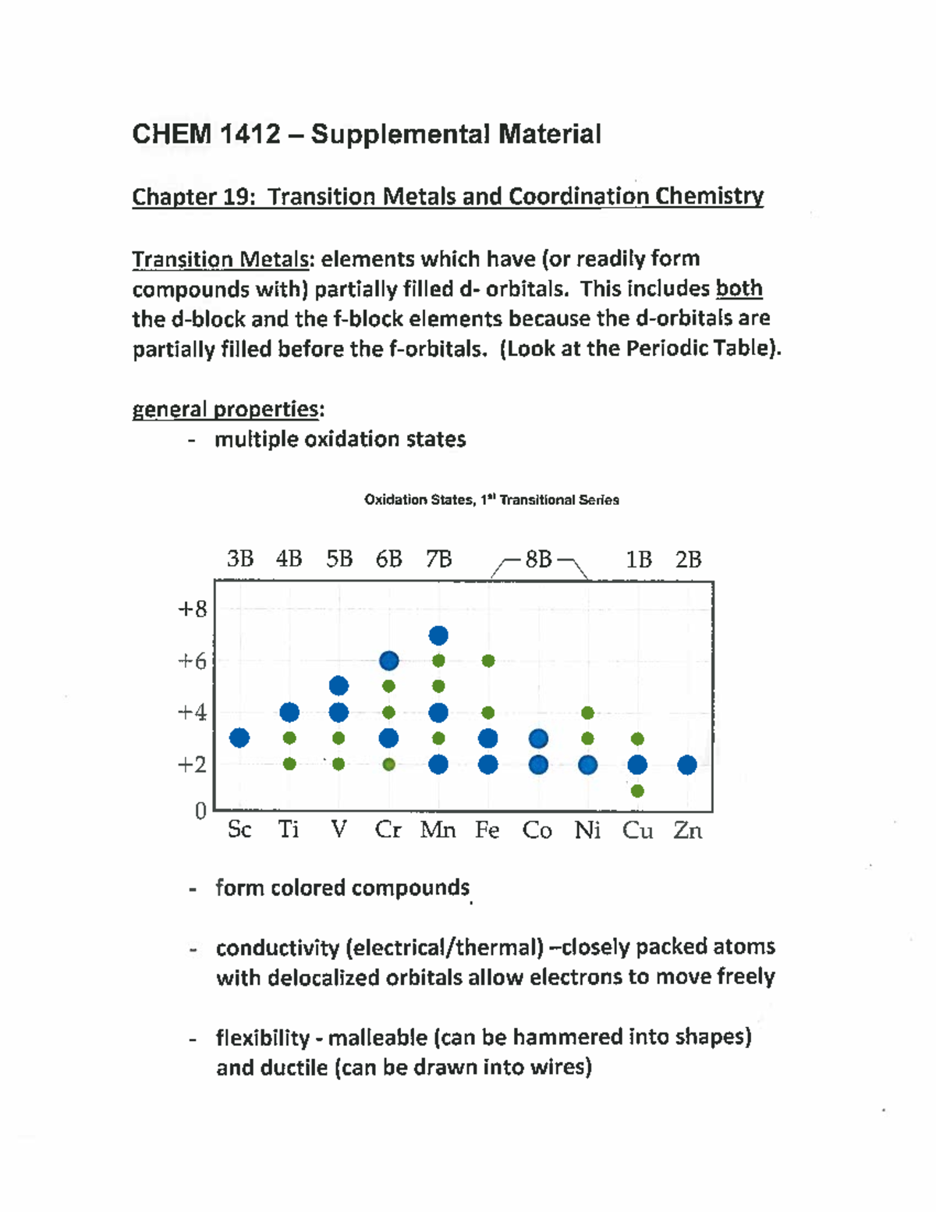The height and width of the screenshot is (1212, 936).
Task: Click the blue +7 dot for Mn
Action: [x=438, y=635]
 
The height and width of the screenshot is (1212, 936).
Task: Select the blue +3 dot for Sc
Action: [x=239, y=738]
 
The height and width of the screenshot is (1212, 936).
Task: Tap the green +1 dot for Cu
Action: [x=637, y=791]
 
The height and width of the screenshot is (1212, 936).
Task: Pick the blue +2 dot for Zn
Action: [x=687, y=765]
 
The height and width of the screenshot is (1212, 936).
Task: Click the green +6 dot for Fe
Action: [x=488, y=661]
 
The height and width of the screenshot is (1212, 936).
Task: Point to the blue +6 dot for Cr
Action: [x=389, y=661]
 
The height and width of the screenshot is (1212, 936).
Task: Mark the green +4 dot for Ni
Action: [x=588, y=713]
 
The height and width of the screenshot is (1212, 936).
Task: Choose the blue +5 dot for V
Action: [x=339, y=686]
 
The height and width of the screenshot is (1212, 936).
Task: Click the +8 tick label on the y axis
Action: [x=192, y=609]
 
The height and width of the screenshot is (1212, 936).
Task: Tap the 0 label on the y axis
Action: [x=200, y=811]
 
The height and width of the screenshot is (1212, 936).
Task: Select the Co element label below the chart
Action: [x=537, y=830]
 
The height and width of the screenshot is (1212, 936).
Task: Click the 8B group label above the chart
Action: [x=538, y=560]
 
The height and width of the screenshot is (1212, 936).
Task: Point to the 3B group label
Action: [x=240, y=559]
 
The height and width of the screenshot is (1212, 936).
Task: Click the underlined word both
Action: [x=739, y=289]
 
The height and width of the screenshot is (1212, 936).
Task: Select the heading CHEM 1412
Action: [x=206, y=134]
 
